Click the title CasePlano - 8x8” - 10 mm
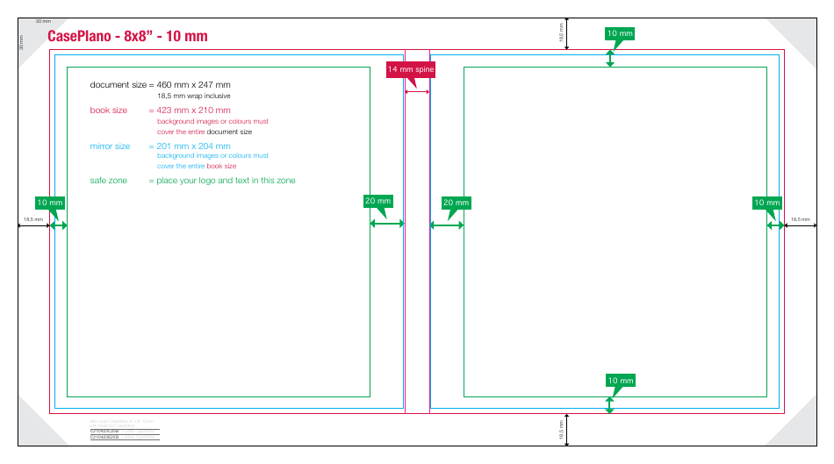coord(127,36)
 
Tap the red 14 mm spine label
coord(411,69)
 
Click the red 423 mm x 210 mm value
coord(193,111)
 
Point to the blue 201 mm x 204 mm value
coord(193,146)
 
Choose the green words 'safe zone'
coord(109,181)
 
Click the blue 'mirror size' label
coord(110,146)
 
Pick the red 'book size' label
coord(109,111)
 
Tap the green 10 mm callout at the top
coord(620,34)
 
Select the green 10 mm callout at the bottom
coord(620,381)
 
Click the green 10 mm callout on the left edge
coord(50,203)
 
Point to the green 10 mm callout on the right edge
coord(766,203)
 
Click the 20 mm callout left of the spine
coord(378,201)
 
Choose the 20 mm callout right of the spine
coord(457,203)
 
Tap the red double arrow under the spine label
coord(417,91)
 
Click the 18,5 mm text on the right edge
coord(800,219)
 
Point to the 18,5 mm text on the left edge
coord(32,219)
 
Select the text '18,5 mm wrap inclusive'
coord(194,96)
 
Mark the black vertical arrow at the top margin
coord(567,33)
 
